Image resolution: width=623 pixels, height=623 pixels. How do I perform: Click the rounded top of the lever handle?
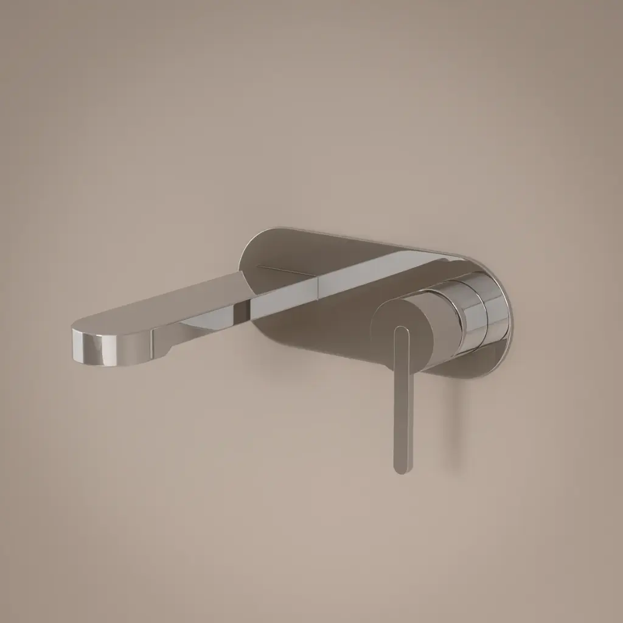402,332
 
